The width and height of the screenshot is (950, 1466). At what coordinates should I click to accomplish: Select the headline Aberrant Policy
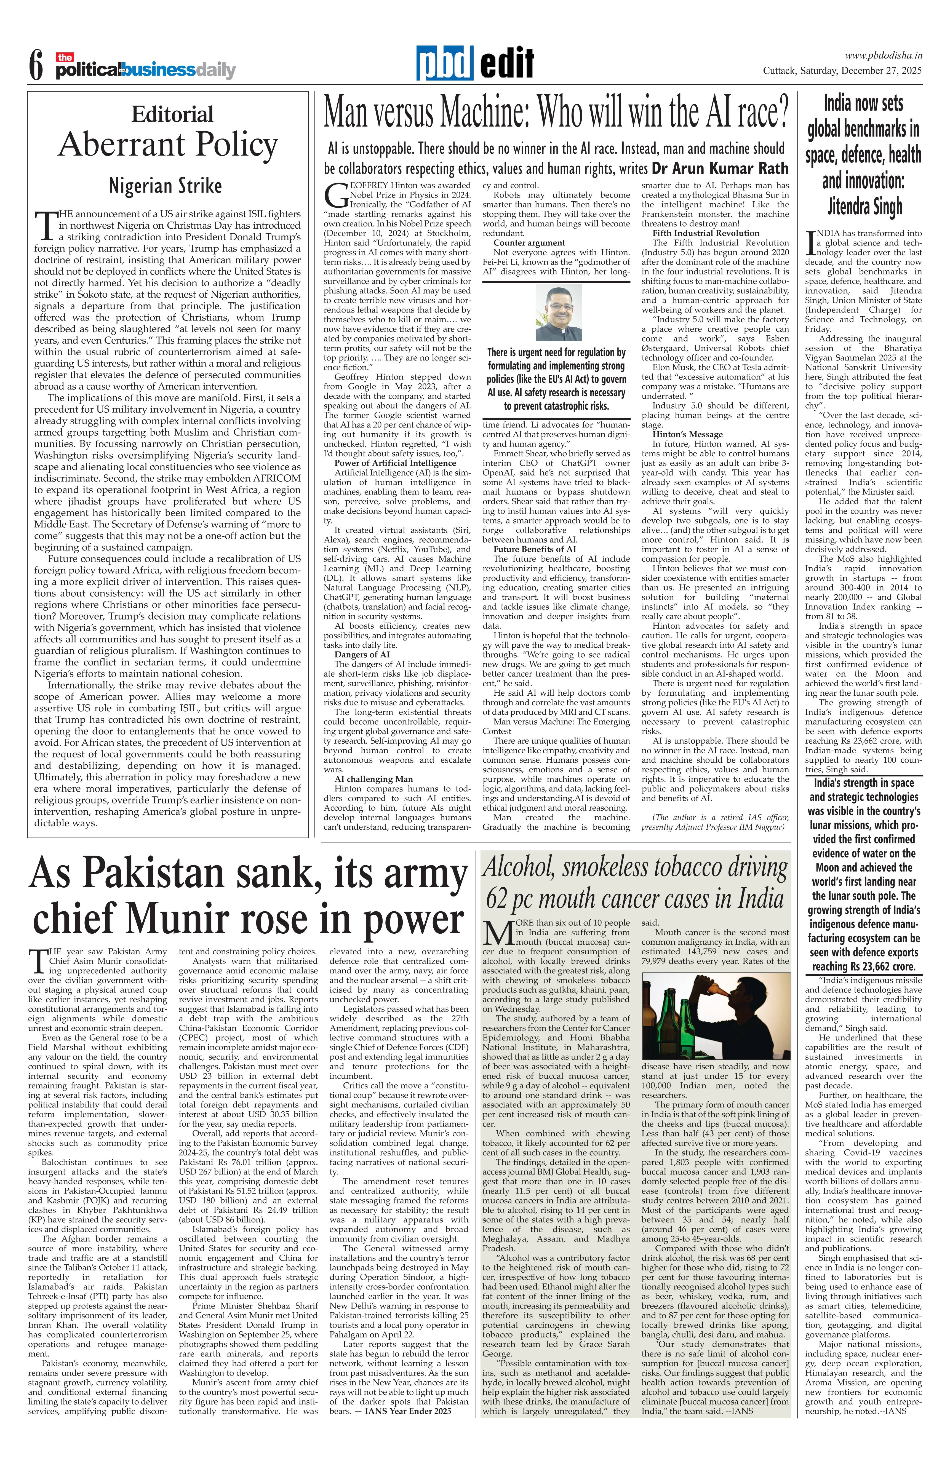[x=168, y=145]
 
